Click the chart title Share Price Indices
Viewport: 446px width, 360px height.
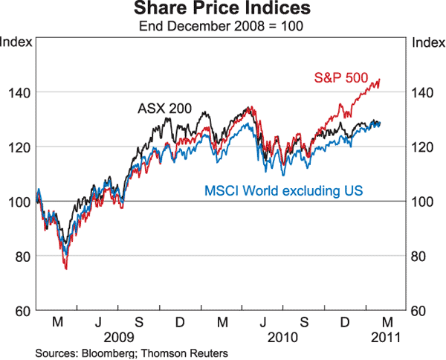coord(223,10)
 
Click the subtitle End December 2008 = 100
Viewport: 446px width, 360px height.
coord(223,25)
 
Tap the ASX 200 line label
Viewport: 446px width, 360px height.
coord(164,109)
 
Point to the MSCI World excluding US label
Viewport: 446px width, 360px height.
coord(283,192)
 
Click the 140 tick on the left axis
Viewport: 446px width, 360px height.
coord(21,92)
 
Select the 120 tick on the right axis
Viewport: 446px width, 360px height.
coord(421,147)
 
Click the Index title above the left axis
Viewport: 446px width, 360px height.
coord(16,42)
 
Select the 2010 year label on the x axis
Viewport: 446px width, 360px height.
coord(283,337)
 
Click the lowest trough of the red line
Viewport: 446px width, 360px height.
coord(65,269)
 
